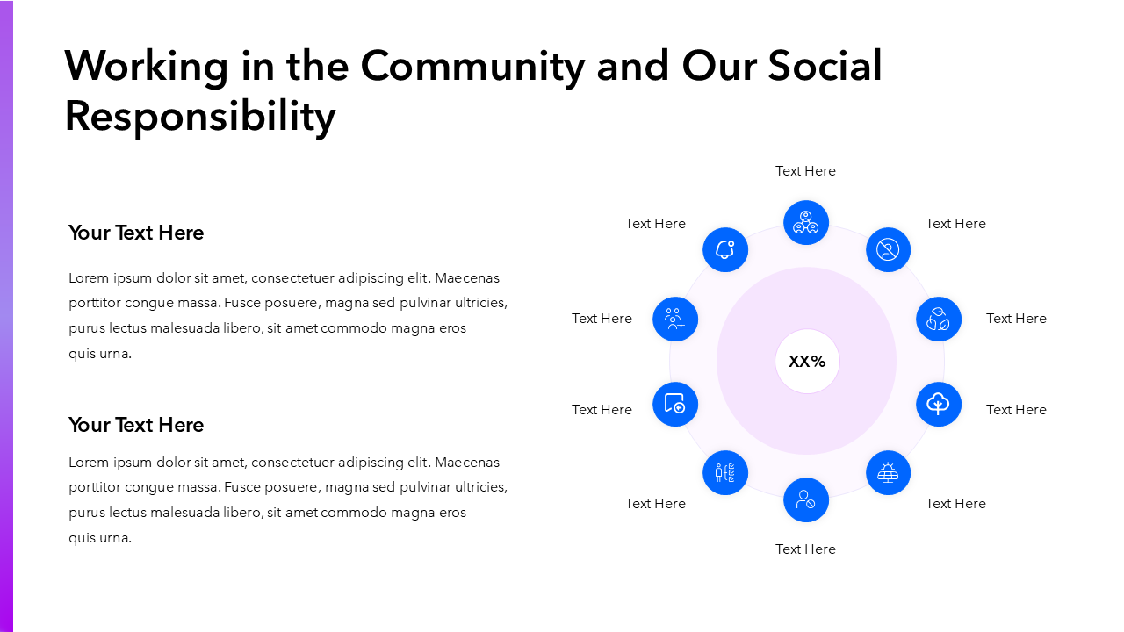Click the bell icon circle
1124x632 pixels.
(x=725, y=250)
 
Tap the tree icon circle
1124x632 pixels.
(x=939, y=405)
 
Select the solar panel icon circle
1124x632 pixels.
(x=888, y=473)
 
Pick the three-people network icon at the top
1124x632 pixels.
(x=806, y=223)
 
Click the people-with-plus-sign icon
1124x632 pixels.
(x=675, y=320)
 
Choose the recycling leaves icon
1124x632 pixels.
(x=939, y=320)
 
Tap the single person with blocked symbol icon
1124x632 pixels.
(x=806, y=500)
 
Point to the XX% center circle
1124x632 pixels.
(x=807, y=362)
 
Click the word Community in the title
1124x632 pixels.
(x=472, y=66)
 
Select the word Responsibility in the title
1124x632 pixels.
(x=200, y=116)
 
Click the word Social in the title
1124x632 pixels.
(x=825, y=66)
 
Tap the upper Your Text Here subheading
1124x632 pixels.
(x=136, y=233)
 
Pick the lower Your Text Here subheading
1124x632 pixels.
(x=136, y=425)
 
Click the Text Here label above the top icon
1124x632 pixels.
(x=805, y=171)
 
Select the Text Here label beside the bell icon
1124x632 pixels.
(x=655, y=224)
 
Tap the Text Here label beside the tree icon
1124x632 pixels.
(x=1016, y=410)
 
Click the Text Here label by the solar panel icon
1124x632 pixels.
(x=955, y=504)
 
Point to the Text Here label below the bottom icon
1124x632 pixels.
(x=805, y=549)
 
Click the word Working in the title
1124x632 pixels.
(x=146, y=66)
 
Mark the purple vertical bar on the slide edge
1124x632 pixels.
(x=6, y=316)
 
